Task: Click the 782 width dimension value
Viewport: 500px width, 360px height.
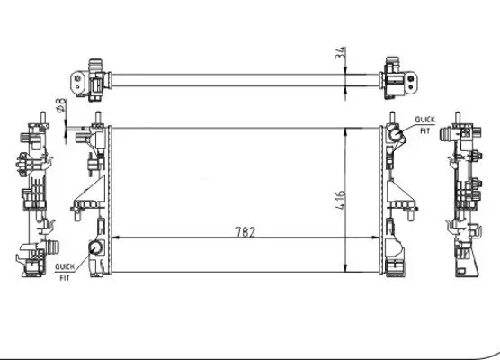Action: (x=245, y=231)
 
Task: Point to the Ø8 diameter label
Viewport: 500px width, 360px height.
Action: (x=61, y=109)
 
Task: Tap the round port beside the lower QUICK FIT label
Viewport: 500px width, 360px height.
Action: (x=94, y=249)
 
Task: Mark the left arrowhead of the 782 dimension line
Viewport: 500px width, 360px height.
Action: (x=113, y=238)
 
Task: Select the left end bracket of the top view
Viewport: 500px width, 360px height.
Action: (x=93, y=76)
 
